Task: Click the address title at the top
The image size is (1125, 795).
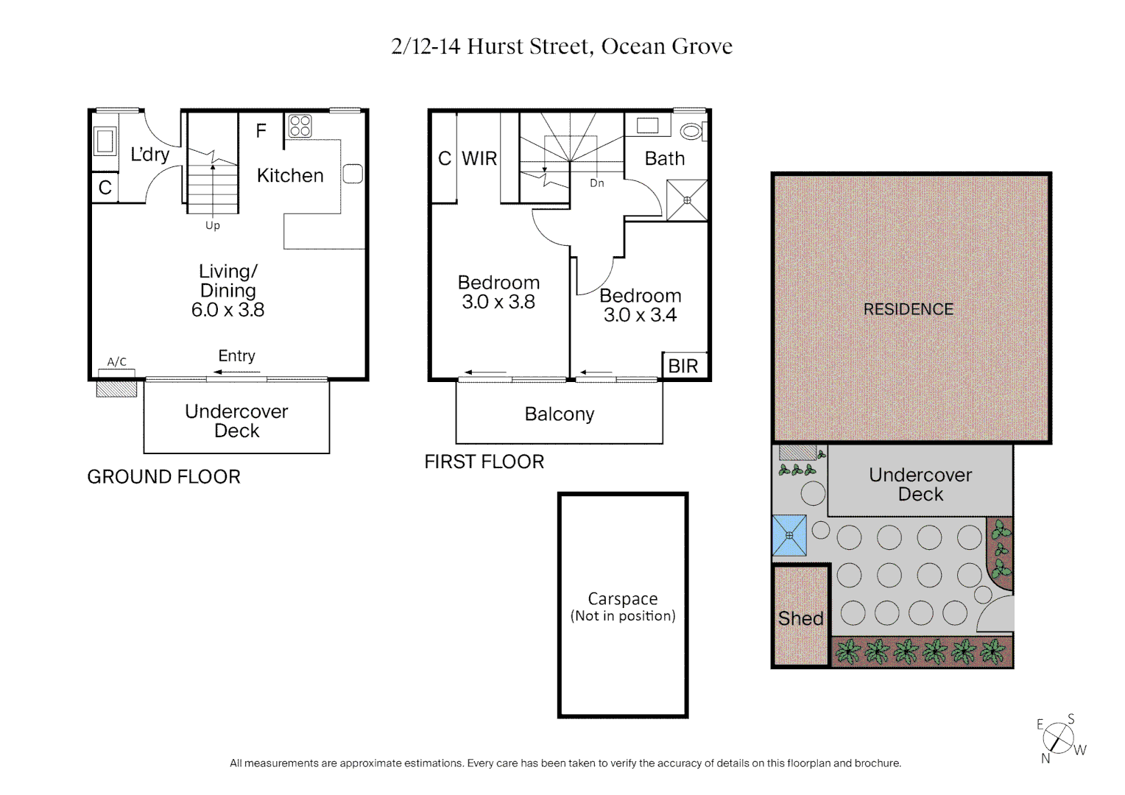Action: point(562,46)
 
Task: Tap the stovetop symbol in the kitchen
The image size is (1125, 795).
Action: point(300,126)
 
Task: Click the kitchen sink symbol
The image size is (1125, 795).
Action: point(353,174)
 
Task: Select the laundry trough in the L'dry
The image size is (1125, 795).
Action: point(105,141)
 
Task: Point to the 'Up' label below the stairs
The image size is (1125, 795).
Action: point(213,225)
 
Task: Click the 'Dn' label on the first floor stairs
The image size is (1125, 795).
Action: point(596,183)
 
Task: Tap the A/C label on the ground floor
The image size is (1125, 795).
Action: point(117,361)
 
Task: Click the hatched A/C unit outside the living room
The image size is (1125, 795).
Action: point(116,388)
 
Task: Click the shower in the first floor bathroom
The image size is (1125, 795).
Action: point(687,200)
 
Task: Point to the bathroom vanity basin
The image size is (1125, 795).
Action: point(647,125)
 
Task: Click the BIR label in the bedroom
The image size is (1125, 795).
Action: point(683,366)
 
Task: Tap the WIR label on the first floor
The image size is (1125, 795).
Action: point(479,158)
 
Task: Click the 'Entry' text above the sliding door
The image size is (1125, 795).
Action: point(236,356)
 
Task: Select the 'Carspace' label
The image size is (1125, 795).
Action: point(623,599)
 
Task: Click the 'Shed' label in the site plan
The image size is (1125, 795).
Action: point(800,618)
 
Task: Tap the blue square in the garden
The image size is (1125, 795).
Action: point(789,535)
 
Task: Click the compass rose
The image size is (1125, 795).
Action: point(1059,738)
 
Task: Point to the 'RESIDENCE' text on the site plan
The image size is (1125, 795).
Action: point(908,309)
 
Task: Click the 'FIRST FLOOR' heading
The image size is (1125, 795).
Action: point(484,462)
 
